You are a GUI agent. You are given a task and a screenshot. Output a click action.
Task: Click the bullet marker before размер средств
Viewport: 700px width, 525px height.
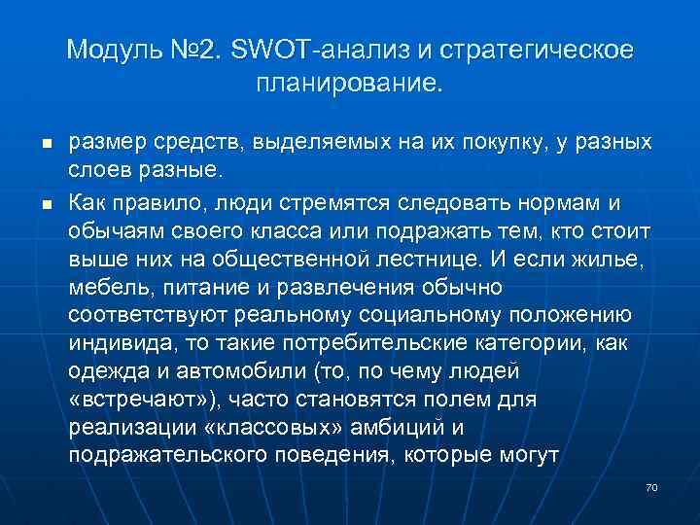[x=46, y=144]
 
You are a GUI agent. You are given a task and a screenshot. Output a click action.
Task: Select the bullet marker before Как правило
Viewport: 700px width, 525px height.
[x=46, y=201]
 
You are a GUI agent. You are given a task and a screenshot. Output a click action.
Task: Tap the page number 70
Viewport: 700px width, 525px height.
[x=651, y=485]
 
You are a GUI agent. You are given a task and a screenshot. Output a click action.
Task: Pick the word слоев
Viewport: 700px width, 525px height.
[x=100, y=171]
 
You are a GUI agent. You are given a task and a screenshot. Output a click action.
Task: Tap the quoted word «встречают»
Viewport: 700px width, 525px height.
[x=140, y=402]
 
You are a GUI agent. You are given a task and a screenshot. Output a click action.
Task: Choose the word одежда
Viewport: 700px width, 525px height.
[x=102, y=372]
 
